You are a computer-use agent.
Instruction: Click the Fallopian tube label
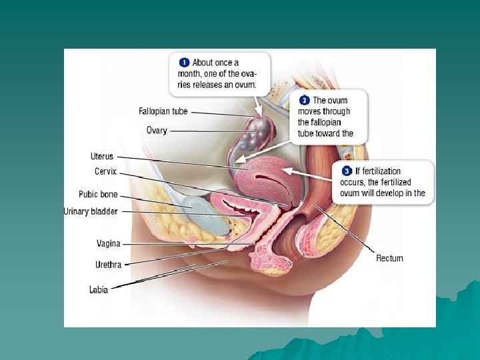point(163,111)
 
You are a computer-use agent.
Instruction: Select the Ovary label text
point(157,131)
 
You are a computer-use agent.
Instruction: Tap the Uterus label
point(102,157)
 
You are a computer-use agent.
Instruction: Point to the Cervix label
point(105,171)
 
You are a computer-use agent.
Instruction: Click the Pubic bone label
point(98,195)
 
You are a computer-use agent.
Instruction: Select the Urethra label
point(108,265)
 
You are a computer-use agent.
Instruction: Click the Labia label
point(98,289)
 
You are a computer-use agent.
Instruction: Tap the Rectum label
point(389,258)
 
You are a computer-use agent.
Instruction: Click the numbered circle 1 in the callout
point(183,63)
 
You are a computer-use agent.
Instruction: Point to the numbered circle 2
point(303,101)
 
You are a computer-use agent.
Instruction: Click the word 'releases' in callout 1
point(207,85)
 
